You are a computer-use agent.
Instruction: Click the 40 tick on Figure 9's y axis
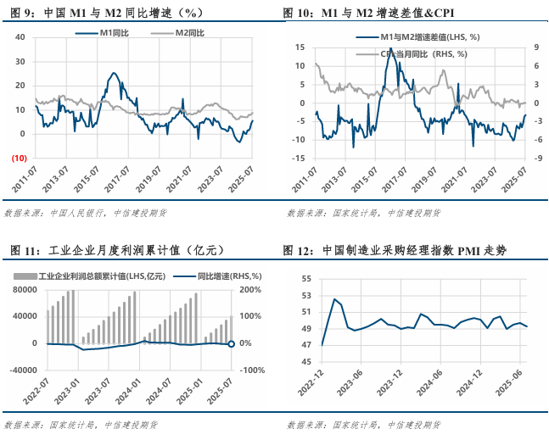click(x=21, y=37)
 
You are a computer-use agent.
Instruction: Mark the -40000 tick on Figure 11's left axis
click(x=24, y=370)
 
